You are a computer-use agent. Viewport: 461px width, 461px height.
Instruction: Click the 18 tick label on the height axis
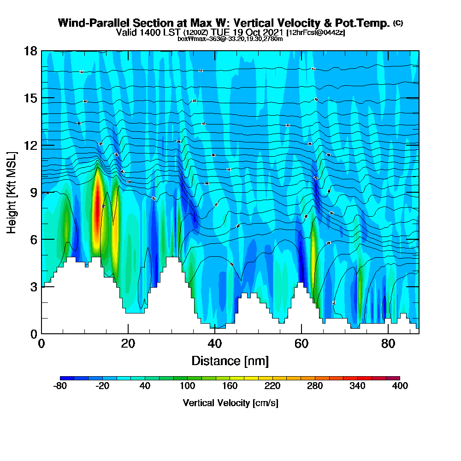(30, 51)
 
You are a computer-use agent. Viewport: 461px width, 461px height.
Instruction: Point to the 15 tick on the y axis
(30, 98)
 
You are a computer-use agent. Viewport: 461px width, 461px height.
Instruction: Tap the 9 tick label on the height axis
(33, 192)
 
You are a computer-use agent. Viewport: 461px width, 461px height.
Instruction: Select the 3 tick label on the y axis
(33, 287)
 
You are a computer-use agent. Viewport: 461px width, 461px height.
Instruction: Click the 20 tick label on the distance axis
(128, 344)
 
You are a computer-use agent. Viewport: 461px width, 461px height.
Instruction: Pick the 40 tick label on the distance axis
(215, 344)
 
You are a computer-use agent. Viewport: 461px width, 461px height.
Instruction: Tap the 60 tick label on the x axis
(301, 344)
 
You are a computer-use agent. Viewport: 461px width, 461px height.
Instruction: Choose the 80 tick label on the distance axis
(388, 344)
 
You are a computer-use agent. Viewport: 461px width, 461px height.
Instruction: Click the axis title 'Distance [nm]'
(230, 361)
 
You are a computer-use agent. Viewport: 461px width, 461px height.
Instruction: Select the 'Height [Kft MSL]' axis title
(12, 192)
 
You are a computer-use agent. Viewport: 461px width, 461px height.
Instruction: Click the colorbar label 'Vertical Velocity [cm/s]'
(230, 403)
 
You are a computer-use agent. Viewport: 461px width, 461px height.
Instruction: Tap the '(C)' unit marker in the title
(398, 23)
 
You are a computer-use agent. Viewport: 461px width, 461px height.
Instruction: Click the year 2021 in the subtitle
(271, 32)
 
